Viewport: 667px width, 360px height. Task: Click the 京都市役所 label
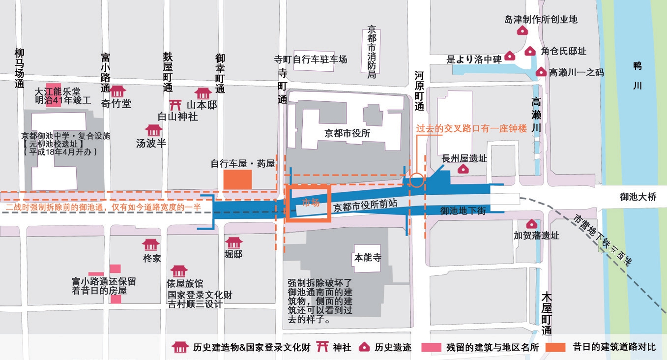[347, 133]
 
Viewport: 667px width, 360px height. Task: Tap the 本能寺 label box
[368, 258]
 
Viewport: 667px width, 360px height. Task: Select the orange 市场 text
[311, 203]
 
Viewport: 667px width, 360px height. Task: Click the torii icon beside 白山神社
[175, 105]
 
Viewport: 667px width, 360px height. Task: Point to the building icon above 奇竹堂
[117, 91]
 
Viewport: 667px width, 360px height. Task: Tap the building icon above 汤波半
[154, 130]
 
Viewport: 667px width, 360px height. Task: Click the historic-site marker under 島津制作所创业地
[522, 30]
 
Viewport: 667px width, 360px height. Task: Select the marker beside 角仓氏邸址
[530, 51]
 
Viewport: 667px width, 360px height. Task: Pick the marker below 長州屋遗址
[463, 169]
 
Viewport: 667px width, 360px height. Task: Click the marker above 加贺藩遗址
[531, 224]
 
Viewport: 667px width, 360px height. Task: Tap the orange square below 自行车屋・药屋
[237, 180]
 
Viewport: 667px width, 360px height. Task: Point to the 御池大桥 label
[638, 197]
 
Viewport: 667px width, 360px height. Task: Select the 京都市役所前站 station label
[365, 206]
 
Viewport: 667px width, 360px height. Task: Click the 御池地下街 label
[463, 210]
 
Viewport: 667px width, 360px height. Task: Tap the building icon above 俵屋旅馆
[179, 271]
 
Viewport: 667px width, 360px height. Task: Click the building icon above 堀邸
[234, 243]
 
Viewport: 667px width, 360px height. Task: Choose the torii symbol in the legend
[322, 347]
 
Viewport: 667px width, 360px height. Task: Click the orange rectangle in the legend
[555, 347]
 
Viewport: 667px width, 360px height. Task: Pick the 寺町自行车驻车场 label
[311, 60]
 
